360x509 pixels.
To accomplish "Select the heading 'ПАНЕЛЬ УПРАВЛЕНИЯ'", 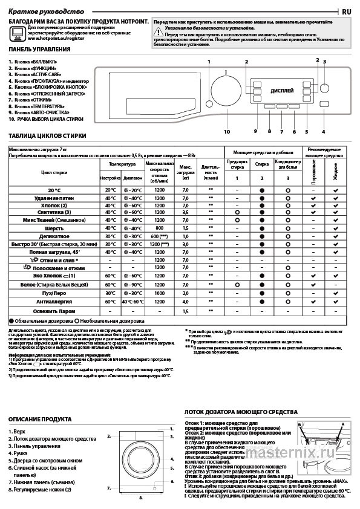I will (39, 49).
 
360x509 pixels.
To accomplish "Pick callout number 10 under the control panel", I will (227, 131).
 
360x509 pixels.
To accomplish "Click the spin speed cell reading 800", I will (159, 228).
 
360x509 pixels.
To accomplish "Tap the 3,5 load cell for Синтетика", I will (186, 213).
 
